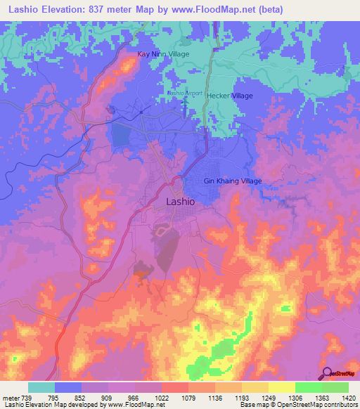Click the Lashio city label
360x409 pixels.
coord(181,201)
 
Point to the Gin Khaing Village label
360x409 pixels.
coord(233,181)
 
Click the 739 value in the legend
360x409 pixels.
coord(27,398)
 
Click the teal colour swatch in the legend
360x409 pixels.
coord(41,387)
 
